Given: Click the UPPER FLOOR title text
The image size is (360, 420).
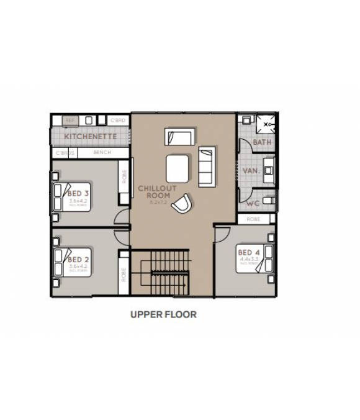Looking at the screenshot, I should coord(163,314).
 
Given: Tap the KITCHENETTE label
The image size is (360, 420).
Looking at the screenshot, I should coord(91,135).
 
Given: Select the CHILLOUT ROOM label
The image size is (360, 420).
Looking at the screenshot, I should coord(158,191).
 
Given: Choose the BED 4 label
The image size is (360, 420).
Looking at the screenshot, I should coord(249,253).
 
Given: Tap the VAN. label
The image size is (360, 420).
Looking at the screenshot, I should coord(251,170).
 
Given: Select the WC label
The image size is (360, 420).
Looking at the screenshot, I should coord(253,203).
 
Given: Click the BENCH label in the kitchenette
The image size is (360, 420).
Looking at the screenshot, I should coord(102,153).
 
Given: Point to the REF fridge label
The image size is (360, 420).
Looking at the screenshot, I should coord(70,119).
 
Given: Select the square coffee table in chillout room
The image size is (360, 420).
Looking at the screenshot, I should coord(178,168).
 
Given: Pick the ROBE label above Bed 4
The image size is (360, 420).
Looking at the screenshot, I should coord(253,219).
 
